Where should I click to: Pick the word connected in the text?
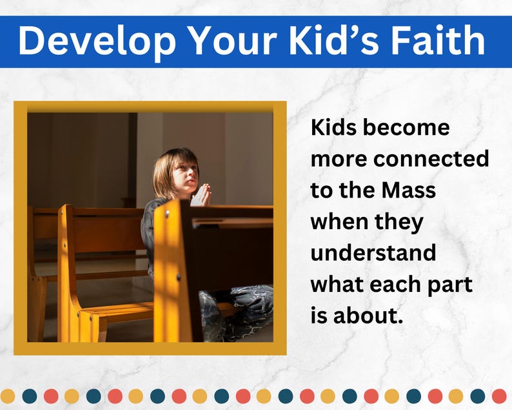(x=431, y=159)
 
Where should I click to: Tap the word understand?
(x=373, y=252)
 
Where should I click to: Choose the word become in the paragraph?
(x=406, y=127)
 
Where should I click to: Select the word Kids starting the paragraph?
(x=334, y=127)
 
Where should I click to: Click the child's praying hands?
(x=201, y=195)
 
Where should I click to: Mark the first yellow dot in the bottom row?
(x=7, y=396)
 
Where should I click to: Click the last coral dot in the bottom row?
(x=499, y=396)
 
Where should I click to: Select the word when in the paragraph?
(x=339, y=221)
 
